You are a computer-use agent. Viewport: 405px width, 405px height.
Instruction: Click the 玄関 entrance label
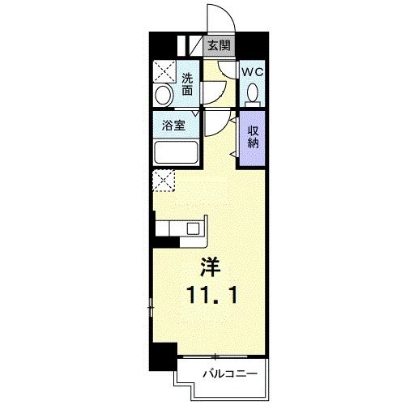[x=216, y=45]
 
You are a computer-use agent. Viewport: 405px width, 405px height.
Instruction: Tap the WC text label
[x=253, y=72]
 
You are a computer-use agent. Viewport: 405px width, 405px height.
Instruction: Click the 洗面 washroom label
[x=187, y=84]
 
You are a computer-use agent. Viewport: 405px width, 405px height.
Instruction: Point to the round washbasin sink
[x=164, y=96]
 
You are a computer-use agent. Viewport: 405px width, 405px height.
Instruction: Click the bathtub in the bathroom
[x=177, y=154]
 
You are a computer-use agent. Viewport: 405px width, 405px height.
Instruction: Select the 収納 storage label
[x=254, y=138]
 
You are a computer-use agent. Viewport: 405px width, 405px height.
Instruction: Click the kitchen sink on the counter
[x=193, y=228]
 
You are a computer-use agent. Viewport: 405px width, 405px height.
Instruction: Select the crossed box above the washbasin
[x=165, y=72]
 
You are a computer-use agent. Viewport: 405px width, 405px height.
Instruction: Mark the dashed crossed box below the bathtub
[x=164, y=181]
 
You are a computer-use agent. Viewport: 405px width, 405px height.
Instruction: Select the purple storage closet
[x=252, y=139]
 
